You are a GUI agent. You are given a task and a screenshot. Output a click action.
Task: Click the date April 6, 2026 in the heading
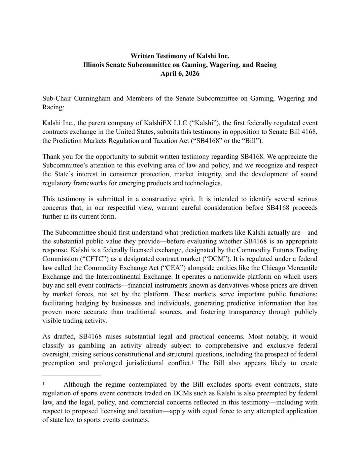coord(180,74)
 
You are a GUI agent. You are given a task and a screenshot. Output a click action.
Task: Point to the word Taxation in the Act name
coord(150,141)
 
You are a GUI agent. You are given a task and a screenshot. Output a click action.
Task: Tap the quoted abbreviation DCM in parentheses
coord(216,259)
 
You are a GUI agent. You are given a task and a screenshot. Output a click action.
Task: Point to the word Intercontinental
coord(119,277)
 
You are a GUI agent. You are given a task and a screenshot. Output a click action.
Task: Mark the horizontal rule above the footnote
coord(71,375)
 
